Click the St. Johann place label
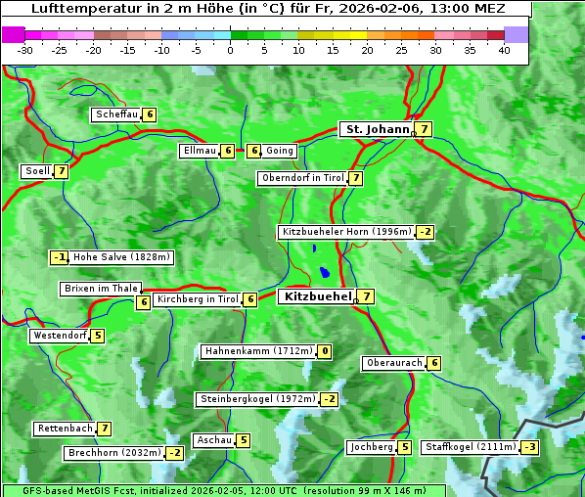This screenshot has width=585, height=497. coord(376,129)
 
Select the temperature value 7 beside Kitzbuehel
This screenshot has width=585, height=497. coord(365,296)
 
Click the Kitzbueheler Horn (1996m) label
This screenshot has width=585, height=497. coord(346,232)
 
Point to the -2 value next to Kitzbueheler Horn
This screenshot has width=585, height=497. coord(425,232)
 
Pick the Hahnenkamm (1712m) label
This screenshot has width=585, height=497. coord(258,351)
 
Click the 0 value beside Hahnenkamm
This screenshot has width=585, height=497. coord(324,351)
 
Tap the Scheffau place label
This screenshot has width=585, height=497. coord(116,114)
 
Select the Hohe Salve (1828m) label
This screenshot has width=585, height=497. coord(121,257)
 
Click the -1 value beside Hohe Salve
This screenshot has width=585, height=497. coord(60,257)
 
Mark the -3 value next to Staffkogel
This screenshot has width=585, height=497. coord(529,447)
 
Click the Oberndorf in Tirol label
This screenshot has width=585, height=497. coord(302,178)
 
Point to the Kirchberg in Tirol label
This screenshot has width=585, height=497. coord(198,299)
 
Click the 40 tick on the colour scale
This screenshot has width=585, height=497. coord(504,50)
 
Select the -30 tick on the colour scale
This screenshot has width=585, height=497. coord(25,50)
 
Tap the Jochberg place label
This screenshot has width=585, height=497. coord(371,447)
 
